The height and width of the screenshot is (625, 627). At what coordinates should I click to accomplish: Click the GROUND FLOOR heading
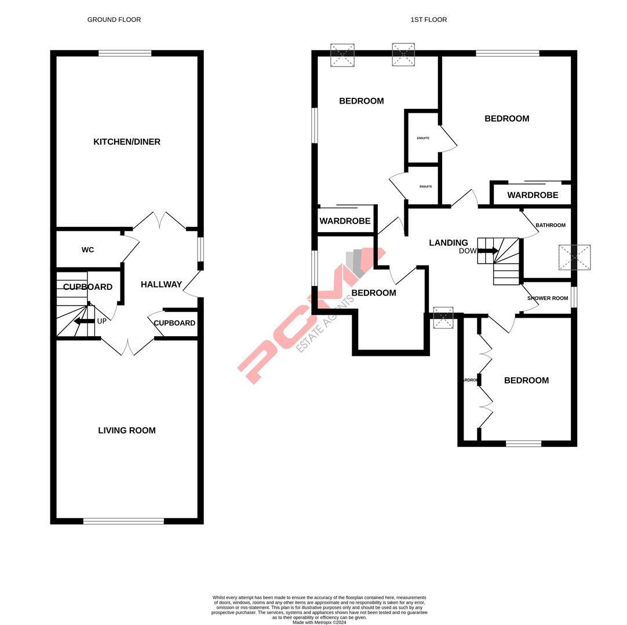click(x=114, y=20)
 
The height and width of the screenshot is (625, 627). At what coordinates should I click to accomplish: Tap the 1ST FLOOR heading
click(x=428, y=20)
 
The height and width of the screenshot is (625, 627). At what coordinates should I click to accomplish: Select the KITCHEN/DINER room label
click(x=127, y=142)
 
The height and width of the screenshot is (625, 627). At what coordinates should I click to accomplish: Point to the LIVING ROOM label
click(x=127, y=431)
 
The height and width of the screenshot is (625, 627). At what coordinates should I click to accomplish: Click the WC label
click(x=88, y=250)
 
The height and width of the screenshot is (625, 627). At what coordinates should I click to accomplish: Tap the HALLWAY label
click(x=161, y=285)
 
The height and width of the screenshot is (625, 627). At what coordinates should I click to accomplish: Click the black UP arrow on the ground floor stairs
click(x=84, y=321)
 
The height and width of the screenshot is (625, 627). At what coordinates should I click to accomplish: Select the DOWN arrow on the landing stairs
click(x=488, y=251)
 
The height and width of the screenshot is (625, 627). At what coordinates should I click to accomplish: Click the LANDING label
click(x=448, y=243)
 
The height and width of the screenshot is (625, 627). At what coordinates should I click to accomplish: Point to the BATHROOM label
click(x=550, y=225)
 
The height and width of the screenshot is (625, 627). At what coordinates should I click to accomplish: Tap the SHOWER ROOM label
click(x=547, y=299)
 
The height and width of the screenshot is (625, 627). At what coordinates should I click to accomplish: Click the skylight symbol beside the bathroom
click(x=574, y=258)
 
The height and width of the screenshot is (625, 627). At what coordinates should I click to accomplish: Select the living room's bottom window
click(x=123, y=521)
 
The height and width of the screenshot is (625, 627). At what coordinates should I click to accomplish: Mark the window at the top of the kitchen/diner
click(x=125, y=53)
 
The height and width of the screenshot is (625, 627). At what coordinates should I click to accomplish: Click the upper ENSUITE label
click(x=423, y=138)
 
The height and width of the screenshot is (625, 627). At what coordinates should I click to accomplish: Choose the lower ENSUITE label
click(x=425, y=186)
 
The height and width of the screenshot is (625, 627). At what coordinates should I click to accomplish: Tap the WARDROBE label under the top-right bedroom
click(x=533, y=196)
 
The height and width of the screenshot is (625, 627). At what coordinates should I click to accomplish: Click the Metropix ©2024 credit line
click(x=319, y=622)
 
